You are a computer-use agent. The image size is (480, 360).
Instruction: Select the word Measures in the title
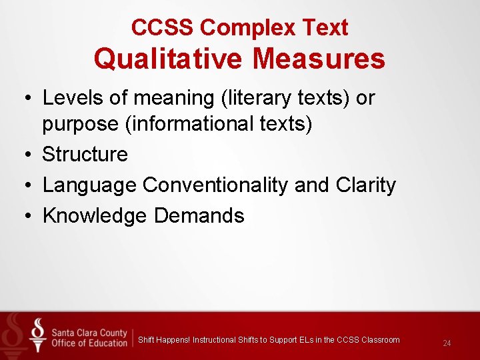click(x=319, y=59)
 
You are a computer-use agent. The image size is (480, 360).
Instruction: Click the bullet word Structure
click(x=85, y=154)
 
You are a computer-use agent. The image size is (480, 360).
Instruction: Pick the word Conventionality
click(x=216, y=185)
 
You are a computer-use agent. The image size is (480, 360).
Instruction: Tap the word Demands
click(x=199, y=215)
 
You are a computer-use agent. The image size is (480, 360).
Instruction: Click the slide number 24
click(x=447, y=343)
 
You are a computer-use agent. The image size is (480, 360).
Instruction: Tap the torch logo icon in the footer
click(x=38, y=335)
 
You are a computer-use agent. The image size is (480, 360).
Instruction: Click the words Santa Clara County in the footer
click(x=90, y=333)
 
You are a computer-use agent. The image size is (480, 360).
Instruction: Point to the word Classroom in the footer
click(x=381, y=340)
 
